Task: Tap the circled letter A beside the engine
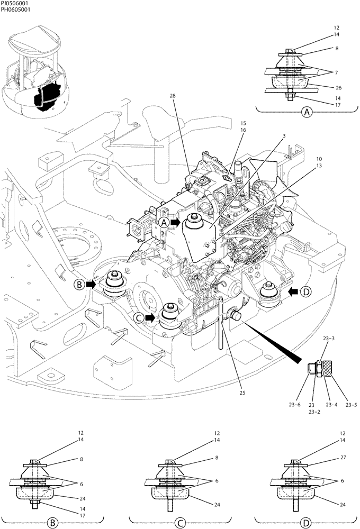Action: pos(164,223)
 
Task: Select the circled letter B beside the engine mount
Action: pos(79,285)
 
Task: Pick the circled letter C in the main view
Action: pos(138,317)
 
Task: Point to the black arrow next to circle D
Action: pos(292,290)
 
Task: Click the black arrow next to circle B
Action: pos(92,285)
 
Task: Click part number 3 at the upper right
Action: pos(284,135)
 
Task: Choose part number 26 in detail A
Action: pos(338,88)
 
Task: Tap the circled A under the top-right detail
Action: pos(305,112)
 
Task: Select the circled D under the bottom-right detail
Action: pos(305,523)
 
